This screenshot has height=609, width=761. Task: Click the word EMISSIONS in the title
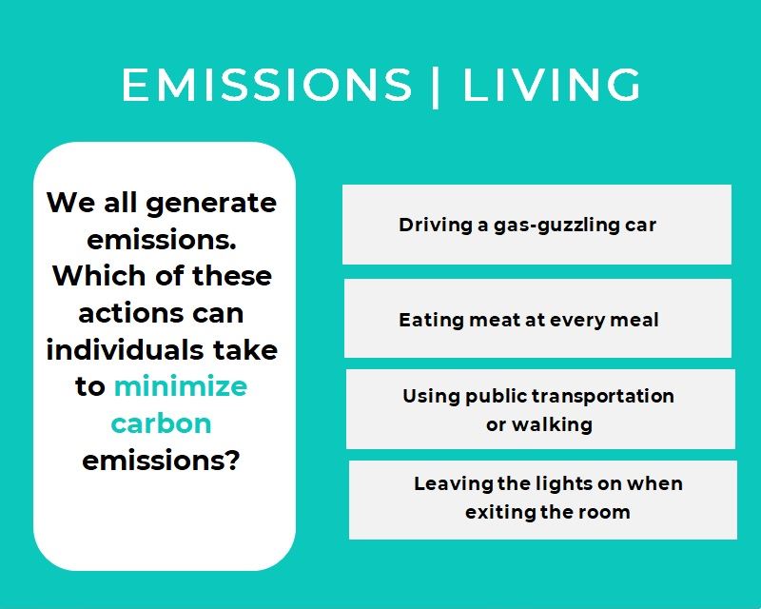(266, 85)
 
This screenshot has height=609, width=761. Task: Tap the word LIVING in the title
(552, 85)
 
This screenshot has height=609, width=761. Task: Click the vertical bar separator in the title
(436, 88)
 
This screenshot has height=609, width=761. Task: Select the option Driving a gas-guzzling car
(537, 225)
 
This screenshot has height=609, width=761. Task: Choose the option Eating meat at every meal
(537, 319)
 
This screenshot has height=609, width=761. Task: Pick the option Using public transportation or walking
(540, 409)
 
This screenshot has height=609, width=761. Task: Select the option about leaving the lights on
(542, 500)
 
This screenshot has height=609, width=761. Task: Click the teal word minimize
(181, 386)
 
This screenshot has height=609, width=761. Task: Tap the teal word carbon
(161, 423)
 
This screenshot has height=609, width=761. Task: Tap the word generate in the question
(211, 204)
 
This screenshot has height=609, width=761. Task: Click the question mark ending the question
(233, 460)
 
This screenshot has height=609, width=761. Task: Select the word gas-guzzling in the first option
(556, 226)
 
